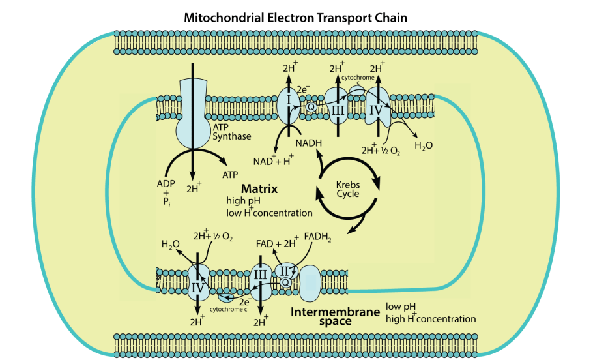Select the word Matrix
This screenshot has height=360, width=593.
(x=259, y=189)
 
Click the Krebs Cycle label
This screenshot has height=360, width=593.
(x=348, y=189)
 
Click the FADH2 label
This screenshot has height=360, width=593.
(x=317, y=238)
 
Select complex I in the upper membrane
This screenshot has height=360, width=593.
(x=289, y=101)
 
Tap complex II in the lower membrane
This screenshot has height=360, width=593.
(x=284, y=269)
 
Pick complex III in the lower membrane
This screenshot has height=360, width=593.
(x=260, y=276)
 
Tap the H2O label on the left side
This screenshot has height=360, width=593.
(x=171, y=245)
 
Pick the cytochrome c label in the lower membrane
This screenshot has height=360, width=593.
(x=229, y=309)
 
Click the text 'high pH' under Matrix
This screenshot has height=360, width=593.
(x=244, y=201)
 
